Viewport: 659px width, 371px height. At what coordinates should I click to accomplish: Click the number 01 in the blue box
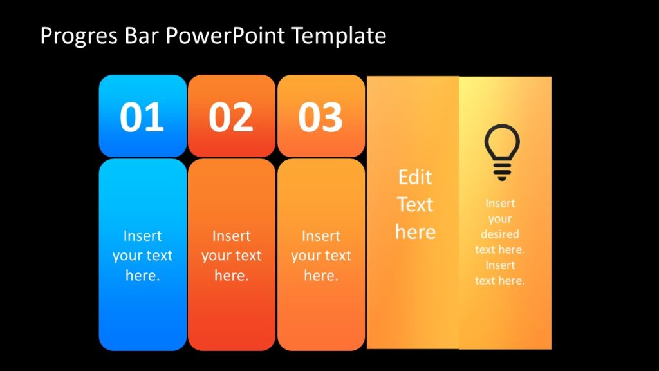142,117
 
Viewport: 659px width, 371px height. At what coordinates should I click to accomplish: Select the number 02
231,117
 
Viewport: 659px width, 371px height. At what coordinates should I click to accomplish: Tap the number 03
320,117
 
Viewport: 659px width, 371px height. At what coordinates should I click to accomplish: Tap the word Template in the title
339,35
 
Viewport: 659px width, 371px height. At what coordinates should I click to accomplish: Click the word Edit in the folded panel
415,177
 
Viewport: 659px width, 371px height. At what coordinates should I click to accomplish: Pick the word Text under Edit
415,205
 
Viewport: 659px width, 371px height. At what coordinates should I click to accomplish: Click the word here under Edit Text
415,232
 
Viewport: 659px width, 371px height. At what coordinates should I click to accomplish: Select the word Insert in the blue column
142,236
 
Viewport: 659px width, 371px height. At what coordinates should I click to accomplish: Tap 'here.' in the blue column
142,276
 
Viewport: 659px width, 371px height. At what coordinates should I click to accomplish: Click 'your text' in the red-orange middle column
231,256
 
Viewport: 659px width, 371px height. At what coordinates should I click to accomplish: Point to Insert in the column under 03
320,236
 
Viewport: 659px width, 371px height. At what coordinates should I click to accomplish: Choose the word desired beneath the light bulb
500,234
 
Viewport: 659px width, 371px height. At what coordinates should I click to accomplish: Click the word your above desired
500,219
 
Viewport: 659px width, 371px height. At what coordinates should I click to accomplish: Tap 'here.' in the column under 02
231,276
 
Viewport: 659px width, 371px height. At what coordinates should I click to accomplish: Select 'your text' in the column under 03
320,256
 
